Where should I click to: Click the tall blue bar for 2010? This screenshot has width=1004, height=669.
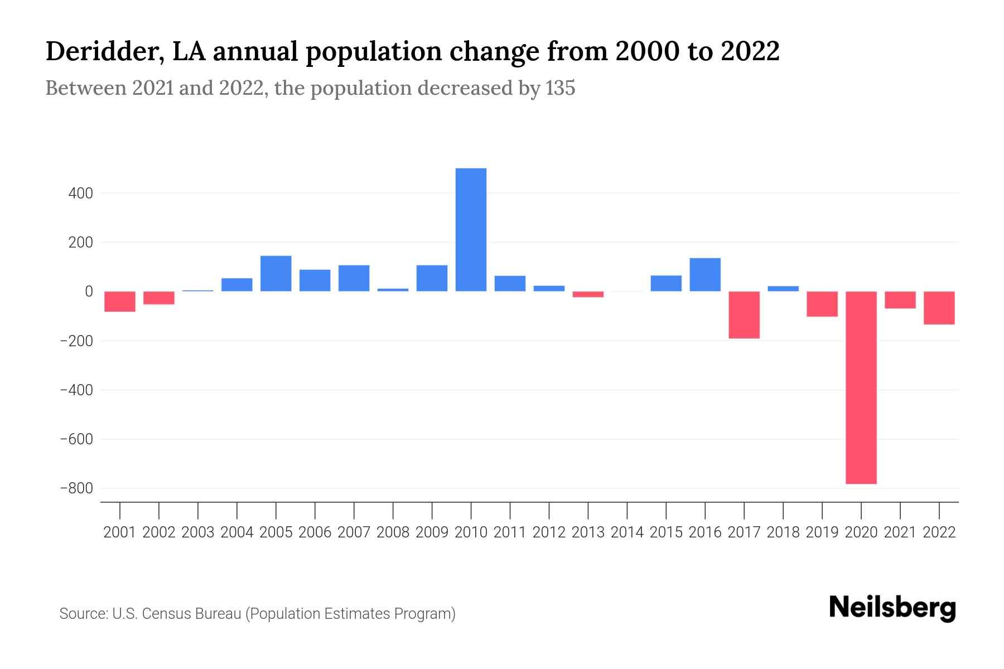pyautogui.click(x=471, y=230)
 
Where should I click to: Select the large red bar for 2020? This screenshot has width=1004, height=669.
pyautogui.click(x=861, y=387)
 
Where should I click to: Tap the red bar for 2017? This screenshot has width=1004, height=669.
pyautogui.click(x=744, y=315)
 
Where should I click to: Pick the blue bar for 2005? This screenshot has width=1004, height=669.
pyautogui.click(x=276, y=273)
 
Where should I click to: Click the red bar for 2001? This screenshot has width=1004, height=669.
pyautogui.click(x=120, y=302)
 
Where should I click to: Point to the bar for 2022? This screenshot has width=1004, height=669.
pyautogui.click(x=939, y=308)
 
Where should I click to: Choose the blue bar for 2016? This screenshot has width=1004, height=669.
pyautogui.click(x=705, y=274)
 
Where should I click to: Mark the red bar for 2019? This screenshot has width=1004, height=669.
pyautogui.click(x=822, y=304)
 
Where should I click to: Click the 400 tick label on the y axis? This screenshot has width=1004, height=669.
pyautogui.click(x=81, y=193)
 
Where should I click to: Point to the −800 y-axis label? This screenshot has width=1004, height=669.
pyautogui.click(x=76, y=488)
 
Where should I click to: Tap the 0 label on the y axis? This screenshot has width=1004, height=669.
pyautogui.click(x=89, y=292)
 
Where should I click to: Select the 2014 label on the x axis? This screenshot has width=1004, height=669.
pyautogui.click(x=627, y=532)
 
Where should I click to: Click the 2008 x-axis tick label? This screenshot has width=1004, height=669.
pyautogui.click(x=393, y=532)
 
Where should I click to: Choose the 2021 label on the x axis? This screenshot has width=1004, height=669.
pyautogui.click(x=900, y=532)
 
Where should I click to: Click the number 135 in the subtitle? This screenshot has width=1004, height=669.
pyautogui.click(x=560, y=88)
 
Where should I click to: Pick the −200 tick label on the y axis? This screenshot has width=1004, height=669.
pyautogui.click(x=76, y=341)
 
